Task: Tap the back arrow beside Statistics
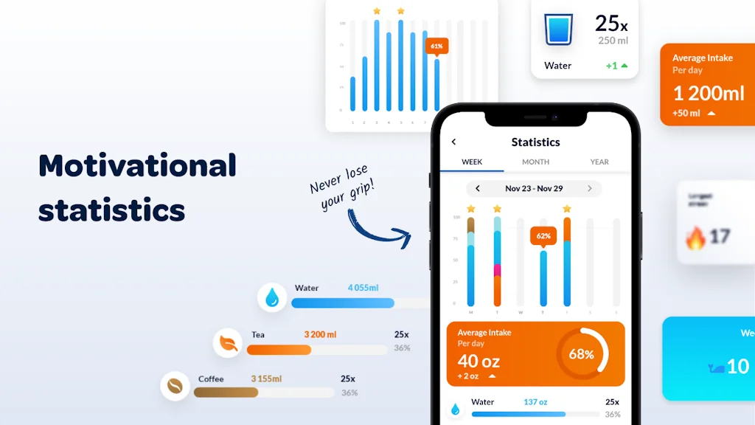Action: [453, 142]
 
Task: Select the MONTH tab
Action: [535, 162]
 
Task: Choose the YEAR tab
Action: [599, 162]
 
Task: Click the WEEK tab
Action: [472, 162]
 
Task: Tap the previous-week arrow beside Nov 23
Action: [478, 189]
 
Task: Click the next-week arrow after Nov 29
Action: [589, 189]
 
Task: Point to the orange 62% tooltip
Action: [543, 236]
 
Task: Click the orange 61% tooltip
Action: [436, 46]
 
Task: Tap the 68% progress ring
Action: [582, 354]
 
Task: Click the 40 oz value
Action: [479, 361]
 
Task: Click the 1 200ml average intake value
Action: [709, 93]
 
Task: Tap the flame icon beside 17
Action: [695, 238]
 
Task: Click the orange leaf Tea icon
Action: [228, 342]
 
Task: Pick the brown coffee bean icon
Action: [175, 385]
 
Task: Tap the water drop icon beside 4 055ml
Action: [272, 297]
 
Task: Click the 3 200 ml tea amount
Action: [320, 335]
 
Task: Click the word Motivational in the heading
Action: [137, 165]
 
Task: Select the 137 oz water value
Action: [535, 402]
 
